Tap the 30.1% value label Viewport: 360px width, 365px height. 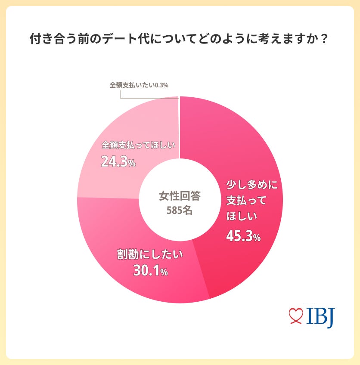150,271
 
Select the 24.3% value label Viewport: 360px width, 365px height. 118,162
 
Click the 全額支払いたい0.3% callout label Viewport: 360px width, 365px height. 138,85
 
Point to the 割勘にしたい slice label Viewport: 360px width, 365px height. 150,254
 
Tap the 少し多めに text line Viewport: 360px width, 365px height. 252,185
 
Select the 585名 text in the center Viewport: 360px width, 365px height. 180,211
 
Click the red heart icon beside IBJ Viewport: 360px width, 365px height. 296,317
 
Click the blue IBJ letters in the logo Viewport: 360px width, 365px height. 320,317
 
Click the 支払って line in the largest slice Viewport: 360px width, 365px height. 246,201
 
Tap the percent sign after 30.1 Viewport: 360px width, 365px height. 164,273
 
